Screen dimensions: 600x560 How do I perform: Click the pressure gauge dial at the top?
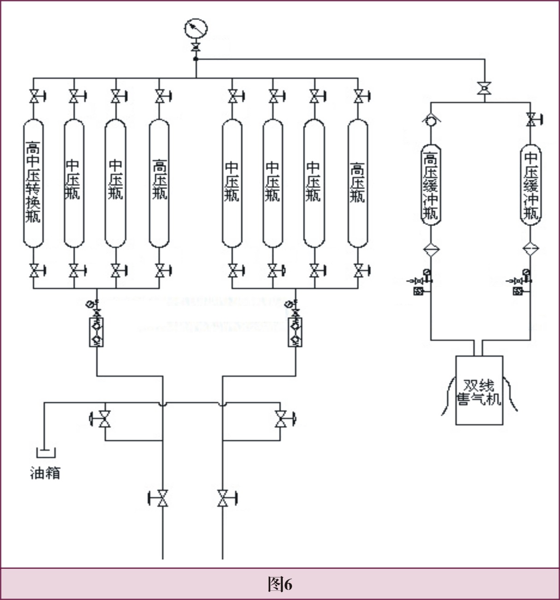coord(195,29)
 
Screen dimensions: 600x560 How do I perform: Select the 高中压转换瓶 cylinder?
coord(33,183)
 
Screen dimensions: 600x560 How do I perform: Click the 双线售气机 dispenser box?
coord(479,390)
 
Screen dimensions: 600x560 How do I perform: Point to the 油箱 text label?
coord(45,473)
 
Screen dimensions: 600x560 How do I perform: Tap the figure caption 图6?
coord(280,584)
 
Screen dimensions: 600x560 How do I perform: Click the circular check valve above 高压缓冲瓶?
coord(431,121)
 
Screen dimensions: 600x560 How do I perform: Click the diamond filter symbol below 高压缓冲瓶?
coord(431,250)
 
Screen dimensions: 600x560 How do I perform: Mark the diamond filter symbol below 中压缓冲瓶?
coord(531,249)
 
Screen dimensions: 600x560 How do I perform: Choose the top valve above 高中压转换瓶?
coord(34,97)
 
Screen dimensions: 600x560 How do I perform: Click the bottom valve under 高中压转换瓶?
coord(34,271)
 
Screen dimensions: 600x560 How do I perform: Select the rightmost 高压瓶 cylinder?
coord(357,183)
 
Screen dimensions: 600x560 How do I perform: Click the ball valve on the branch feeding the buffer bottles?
coord(484,88)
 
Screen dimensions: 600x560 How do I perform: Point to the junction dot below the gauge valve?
coord(195,59)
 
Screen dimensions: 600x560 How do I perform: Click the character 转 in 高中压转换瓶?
coord(33,189)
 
